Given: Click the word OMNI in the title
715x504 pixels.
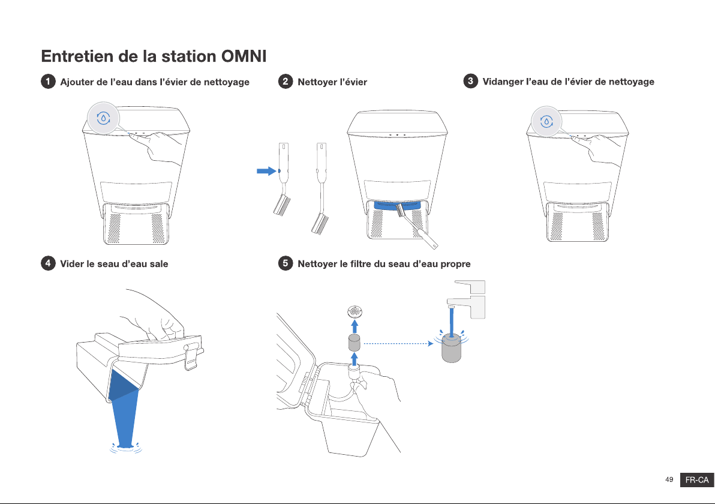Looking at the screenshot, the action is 244,56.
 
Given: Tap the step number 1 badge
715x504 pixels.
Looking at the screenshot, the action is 48,82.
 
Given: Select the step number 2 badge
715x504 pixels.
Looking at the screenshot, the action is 286,82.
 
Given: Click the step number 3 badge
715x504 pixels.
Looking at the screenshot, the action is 471,81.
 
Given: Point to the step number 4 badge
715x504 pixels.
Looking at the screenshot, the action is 48,263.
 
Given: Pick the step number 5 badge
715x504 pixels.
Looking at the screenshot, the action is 286,263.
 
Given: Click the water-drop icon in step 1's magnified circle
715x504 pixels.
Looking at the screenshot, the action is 104,118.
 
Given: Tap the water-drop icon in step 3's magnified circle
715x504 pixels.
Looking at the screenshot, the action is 546,121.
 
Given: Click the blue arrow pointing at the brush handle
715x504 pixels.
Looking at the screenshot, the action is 267,171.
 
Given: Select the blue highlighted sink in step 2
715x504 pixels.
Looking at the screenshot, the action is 396,205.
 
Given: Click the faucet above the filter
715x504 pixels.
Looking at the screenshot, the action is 466,299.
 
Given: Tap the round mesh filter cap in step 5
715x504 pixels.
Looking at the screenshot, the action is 355,312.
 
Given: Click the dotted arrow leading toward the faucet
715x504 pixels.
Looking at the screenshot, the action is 398,343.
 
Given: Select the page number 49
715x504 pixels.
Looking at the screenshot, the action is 669,479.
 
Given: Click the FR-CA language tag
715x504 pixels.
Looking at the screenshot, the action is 697,480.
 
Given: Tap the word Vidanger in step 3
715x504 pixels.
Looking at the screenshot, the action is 503,82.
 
